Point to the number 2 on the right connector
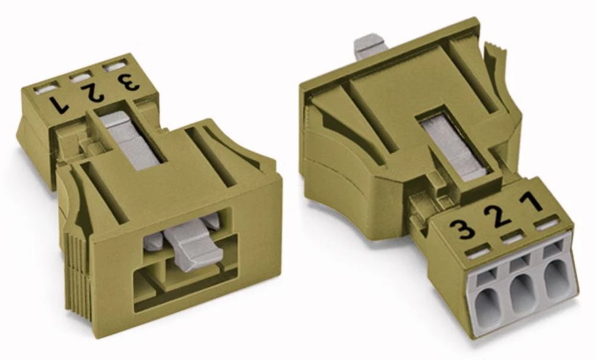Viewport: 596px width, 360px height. click(x=499, y=215)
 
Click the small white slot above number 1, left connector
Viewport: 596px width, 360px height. click(x=45, y=89)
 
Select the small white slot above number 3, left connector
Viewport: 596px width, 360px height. click(x=113, y=66)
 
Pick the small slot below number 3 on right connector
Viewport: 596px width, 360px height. click(x=475, y=252)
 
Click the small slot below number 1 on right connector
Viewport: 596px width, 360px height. click(x=544, y=224)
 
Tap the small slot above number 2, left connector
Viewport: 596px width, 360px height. click(x=80, y=77)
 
